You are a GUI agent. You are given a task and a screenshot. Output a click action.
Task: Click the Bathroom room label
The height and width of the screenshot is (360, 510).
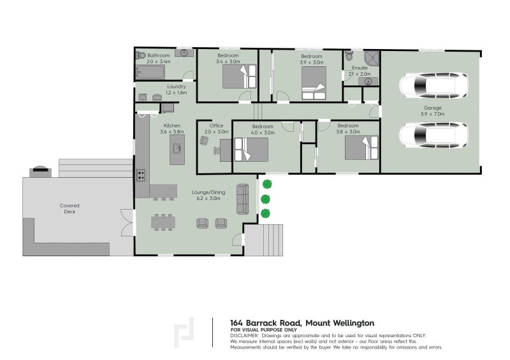click(158, 56)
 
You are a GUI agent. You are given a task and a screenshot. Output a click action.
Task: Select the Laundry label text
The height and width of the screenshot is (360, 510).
click(176, 87)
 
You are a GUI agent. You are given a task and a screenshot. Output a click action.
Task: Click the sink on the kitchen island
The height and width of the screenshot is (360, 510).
click(177, 150)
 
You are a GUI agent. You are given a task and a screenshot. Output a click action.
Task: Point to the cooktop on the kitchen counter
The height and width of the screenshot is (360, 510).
click(140, 174)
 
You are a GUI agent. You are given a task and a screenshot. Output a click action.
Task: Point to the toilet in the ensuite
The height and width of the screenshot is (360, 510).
click(348, 57)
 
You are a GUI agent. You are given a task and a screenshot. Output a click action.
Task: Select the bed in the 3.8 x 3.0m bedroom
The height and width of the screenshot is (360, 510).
click(361, 148)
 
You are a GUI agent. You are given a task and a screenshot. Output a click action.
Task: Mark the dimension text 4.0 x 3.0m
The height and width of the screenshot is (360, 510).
click(262, 133)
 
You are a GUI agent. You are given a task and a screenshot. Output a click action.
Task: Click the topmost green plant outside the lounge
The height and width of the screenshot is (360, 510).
click(266, 184)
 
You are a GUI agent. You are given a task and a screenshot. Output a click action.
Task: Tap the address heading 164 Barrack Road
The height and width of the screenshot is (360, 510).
click(302, 323)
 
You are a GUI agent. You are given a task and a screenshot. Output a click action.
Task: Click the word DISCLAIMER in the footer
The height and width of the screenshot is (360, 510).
click(244, 335)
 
